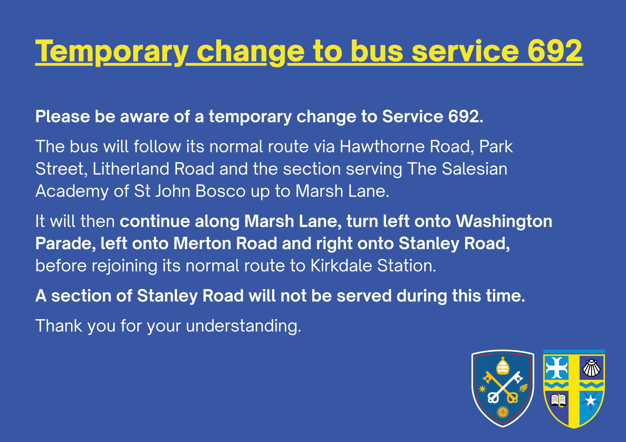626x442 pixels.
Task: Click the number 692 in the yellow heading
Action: [555, 51]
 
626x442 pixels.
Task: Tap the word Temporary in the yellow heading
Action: [112, 52]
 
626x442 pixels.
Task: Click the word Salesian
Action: [474, 169]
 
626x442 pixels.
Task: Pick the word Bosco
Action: [220, 191]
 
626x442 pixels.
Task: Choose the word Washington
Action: [504, 222]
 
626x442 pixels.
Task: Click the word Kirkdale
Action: [341, 265]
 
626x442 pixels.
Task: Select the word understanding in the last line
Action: [243, 326]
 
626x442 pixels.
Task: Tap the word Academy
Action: [72, 192]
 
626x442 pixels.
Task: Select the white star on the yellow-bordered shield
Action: [590, 400]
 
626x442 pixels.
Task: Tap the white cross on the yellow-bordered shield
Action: [557, 368]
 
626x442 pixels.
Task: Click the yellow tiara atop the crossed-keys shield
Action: [503, 366]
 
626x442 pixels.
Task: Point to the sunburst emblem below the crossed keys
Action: [503, 412]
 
